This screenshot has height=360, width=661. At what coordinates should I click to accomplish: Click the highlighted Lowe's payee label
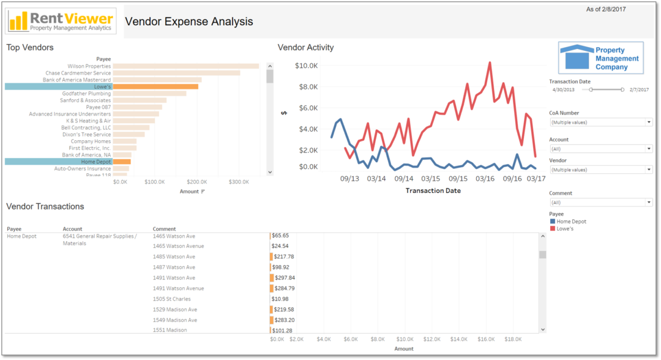pos(58,87)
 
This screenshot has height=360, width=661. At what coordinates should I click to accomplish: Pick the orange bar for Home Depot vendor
pos(121,162)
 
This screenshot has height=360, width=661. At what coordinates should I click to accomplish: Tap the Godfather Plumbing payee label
pos(86,94)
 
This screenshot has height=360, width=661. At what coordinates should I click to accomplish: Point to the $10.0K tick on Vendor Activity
pos(305,66)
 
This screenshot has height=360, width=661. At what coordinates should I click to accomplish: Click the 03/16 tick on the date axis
pos(485,179)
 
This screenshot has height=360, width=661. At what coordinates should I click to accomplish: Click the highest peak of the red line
pos(490,62)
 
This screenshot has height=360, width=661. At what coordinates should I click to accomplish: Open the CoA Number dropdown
pos(600,122)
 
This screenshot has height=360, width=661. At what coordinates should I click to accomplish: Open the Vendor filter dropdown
pos(600,170)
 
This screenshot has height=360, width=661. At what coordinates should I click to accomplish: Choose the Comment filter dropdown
pos(600,202)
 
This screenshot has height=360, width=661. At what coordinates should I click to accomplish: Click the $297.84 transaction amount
pos(285,278)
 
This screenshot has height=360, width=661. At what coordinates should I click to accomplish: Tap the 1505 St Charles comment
pos(171,299)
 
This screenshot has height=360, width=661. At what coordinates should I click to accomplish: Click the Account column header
pos(72,229)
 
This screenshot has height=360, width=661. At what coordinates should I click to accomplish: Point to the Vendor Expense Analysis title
pos(189,22)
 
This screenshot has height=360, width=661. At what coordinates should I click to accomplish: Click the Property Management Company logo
pos(600,58)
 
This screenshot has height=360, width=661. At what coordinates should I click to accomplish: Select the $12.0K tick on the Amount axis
pos(431,339)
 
